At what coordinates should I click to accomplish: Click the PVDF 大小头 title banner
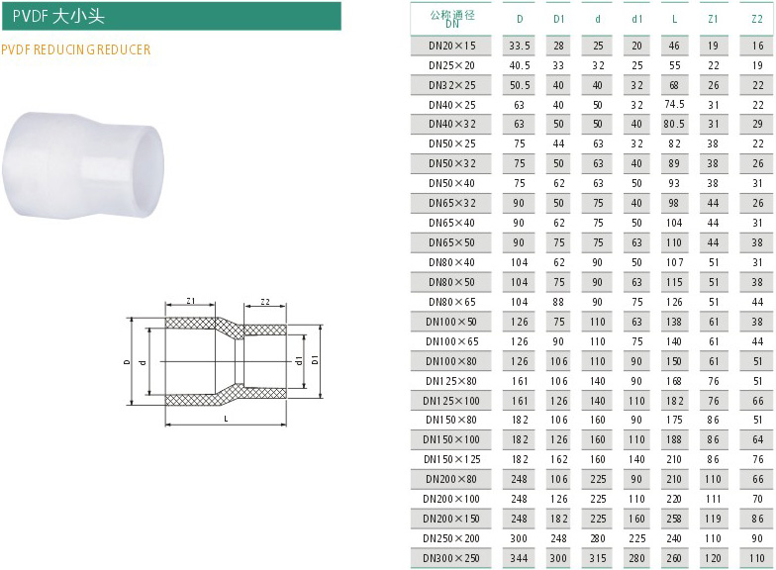tap(171, 16)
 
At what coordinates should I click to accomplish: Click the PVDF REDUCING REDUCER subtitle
tap(75, 49)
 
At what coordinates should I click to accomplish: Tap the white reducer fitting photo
tap(83, 164)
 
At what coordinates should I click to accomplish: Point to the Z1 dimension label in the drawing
tap(190, 301)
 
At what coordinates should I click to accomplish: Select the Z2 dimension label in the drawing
tap(265, 301)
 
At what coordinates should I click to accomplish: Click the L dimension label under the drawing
tap(226, 419)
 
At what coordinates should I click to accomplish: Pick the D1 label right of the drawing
tap(315, 360)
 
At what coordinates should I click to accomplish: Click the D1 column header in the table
tap(558, 19)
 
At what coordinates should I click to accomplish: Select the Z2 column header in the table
tap(757, 19)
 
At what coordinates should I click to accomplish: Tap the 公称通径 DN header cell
tap(451, 18)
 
